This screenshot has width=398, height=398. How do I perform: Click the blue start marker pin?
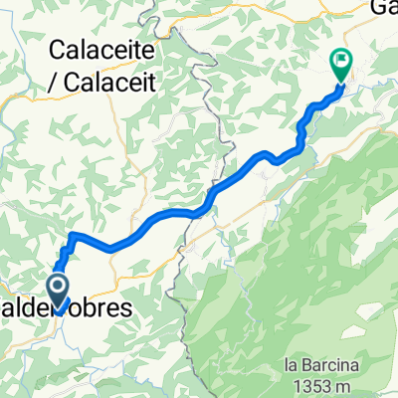click(59, 292)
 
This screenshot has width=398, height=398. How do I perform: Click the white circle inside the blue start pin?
click(59, 289)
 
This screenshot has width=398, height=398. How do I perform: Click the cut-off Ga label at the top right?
click(382, 8)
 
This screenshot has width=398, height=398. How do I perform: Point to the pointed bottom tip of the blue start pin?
click(59, 312)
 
